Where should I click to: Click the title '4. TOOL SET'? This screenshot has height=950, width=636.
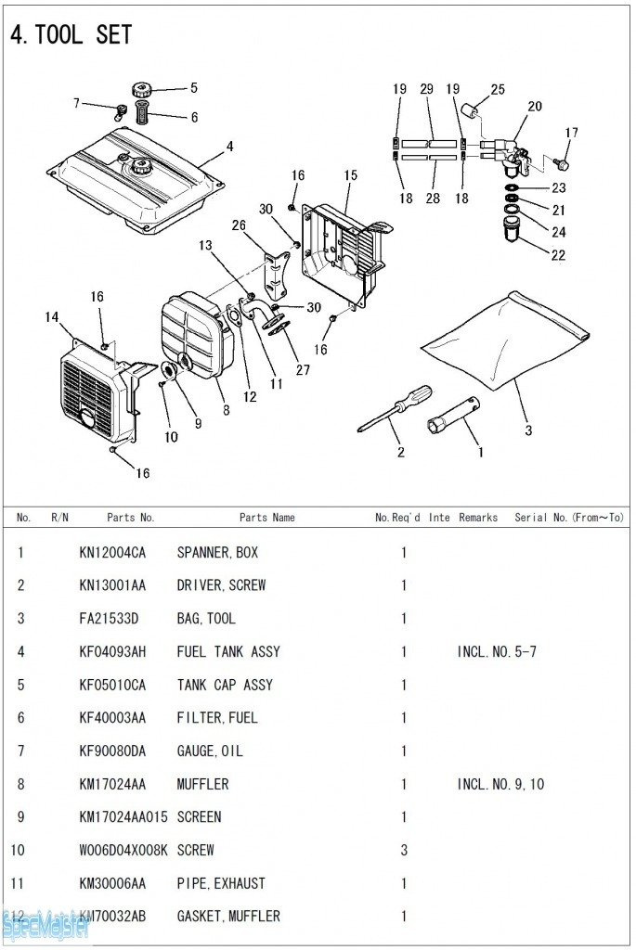tap(71, 35)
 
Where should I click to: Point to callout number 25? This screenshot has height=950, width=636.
tap(498, 90)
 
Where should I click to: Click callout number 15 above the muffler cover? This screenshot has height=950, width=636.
tap(350, 175)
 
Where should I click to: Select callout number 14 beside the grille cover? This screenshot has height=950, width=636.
tap(52, 317)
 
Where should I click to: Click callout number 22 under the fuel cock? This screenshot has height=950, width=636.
tap(558, 255)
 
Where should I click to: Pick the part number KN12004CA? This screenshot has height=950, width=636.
tap(112, 552)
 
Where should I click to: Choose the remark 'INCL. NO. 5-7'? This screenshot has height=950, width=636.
tap(497, 651)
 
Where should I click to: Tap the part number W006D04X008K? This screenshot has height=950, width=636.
tap(123, 850)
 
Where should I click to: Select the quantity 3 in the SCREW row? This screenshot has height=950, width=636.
tap(404, 850)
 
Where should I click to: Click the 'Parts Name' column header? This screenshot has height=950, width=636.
tap(267, 518)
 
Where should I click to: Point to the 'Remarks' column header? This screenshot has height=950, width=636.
tap(478, 518)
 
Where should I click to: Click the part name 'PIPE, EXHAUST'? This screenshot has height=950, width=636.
tap(221, 883)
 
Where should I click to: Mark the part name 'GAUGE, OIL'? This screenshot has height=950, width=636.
tap(210, 751)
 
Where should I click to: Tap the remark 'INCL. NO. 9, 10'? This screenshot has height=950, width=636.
tap(500, 784)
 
